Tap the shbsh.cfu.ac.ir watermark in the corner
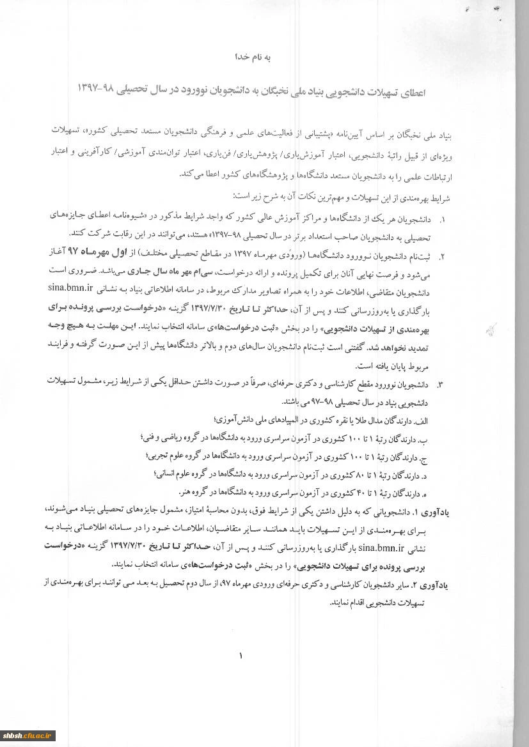(x=29, y=735)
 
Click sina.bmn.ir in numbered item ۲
(x=70, y=287)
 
